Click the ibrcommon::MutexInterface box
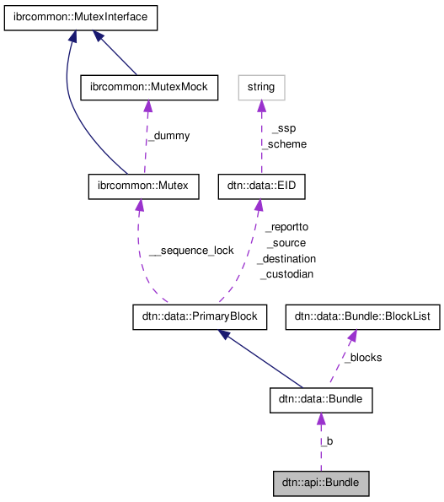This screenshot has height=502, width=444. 81,18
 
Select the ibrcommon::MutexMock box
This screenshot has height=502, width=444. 148,86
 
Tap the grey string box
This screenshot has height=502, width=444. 261,86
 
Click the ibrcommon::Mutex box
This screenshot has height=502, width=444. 143,186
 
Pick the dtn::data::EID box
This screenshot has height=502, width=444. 256,186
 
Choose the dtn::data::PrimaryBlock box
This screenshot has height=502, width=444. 200,317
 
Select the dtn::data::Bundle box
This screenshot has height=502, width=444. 320,401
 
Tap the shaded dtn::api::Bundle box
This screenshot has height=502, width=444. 321,483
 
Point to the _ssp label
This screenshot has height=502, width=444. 283,128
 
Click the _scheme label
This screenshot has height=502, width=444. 283,143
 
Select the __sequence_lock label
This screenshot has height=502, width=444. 191,251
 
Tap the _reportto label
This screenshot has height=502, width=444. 286,227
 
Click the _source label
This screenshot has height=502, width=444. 286,243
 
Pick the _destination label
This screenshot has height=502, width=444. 286,258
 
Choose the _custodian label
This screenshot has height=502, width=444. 286,274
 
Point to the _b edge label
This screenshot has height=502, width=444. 327,440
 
